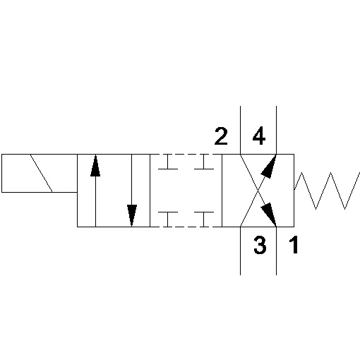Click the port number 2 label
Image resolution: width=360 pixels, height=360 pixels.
coord(221,136)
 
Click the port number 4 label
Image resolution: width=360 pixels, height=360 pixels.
coord(259,136)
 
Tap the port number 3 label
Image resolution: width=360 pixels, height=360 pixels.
coord(260,245)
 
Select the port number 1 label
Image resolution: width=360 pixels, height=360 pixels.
coord(294,245)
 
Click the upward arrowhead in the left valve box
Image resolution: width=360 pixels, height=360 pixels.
coord(95,166)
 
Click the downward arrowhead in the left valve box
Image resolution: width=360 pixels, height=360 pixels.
coord(132,215)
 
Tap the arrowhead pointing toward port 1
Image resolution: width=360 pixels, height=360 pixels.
coord(269,214)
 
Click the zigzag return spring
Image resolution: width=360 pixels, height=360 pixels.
coord(327,191)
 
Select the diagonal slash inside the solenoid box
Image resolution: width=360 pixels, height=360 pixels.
coord(42,173)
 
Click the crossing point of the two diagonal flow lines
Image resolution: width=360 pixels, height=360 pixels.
coord(258,191)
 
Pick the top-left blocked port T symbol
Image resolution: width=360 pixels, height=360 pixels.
coord(168,162)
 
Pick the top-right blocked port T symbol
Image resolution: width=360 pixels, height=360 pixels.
coord(204,162)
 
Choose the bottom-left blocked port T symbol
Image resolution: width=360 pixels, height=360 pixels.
coord(168,220)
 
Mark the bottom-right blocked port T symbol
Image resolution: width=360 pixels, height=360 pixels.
coord(204,220)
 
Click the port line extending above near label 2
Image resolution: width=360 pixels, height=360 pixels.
coord(240,130)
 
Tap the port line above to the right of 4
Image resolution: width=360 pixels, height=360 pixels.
coord(276,130)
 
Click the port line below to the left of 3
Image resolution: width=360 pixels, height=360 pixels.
coord(240,251)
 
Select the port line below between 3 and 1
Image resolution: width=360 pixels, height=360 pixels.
coord(276,251)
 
